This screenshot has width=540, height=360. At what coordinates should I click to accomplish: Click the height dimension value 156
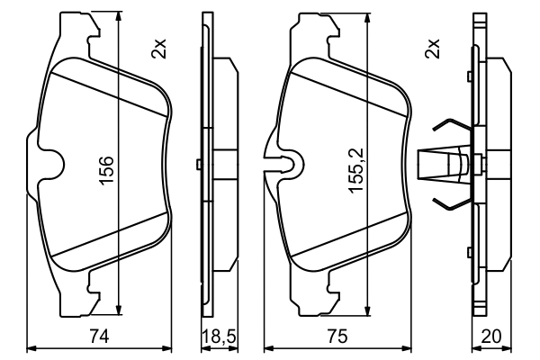105,171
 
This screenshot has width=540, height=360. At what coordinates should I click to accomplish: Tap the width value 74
101,337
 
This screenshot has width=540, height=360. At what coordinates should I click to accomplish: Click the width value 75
337,337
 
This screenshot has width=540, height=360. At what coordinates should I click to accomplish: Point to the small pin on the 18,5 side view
198,164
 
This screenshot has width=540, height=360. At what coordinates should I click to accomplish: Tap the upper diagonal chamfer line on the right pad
342,89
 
